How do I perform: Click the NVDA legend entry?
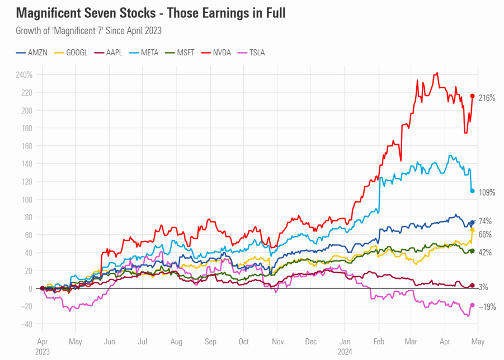222,53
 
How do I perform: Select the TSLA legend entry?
253,53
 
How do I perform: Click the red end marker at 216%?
473,96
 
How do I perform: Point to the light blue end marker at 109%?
473,191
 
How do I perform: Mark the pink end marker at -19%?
473,305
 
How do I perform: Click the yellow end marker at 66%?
473,230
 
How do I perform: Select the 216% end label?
487,98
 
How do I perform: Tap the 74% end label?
485,221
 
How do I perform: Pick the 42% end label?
485,253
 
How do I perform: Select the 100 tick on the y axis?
26,200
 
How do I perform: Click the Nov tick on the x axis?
277,340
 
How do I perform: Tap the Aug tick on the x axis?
177,340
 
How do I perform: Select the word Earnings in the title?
208,13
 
